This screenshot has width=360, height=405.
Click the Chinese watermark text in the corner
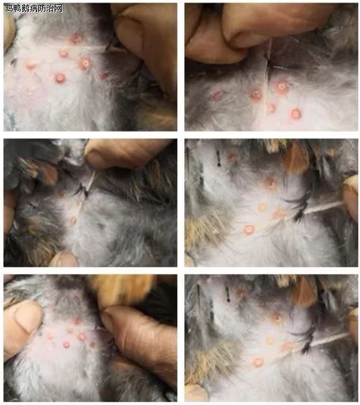[x=34, y=9]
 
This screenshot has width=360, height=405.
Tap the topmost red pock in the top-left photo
[x=75, y=39]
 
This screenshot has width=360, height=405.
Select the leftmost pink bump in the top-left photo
[x=30, y=66]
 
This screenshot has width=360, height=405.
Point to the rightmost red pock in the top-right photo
[x=296, y=113]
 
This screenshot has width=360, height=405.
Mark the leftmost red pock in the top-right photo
[x=218, y=95]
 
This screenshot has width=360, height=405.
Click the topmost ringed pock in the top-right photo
[x=281, y=86]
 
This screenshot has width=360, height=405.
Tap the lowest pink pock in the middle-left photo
[x=73, y=220]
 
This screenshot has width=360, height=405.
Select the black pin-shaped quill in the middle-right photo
[x=219, y=157]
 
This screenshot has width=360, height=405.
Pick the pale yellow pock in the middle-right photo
[x=262, y=207]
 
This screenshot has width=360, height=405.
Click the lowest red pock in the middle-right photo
[x=249, y=230]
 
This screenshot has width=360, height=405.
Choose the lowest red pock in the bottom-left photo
[x=66, y=345]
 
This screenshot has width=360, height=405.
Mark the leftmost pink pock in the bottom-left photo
[x=50, y=336]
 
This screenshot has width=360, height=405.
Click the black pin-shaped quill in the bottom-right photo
[x=228, y=294]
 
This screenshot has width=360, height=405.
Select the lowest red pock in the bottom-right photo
[x=258, y=362]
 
